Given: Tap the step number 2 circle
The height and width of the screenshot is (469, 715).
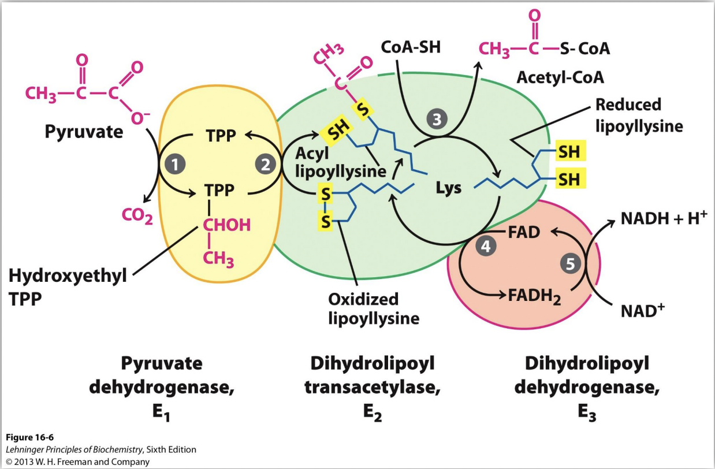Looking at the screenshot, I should coord(265,164).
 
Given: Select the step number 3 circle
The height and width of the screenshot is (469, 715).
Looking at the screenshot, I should coord(437,120).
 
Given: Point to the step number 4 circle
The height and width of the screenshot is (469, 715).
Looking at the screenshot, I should coord(486,246).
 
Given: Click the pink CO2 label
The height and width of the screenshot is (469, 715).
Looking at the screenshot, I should coord(136,216).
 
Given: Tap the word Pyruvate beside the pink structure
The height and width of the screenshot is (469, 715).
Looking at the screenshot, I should coord(84,132).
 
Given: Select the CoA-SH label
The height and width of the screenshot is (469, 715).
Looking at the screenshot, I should coord(411,47).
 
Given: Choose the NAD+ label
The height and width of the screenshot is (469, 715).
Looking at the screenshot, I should coord(643,311).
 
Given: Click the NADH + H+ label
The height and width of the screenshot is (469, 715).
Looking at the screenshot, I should coord(664,219).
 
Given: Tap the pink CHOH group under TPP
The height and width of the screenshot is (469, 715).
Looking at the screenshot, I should coord(226,225).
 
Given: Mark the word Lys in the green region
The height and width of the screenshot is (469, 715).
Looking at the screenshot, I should coord(448,188).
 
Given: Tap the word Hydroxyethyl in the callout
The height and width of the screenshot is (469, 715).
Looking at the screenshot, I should coord(68,276).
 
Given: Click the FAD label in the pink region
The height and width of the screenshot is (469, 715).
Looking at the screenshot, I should coord(524,233).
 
